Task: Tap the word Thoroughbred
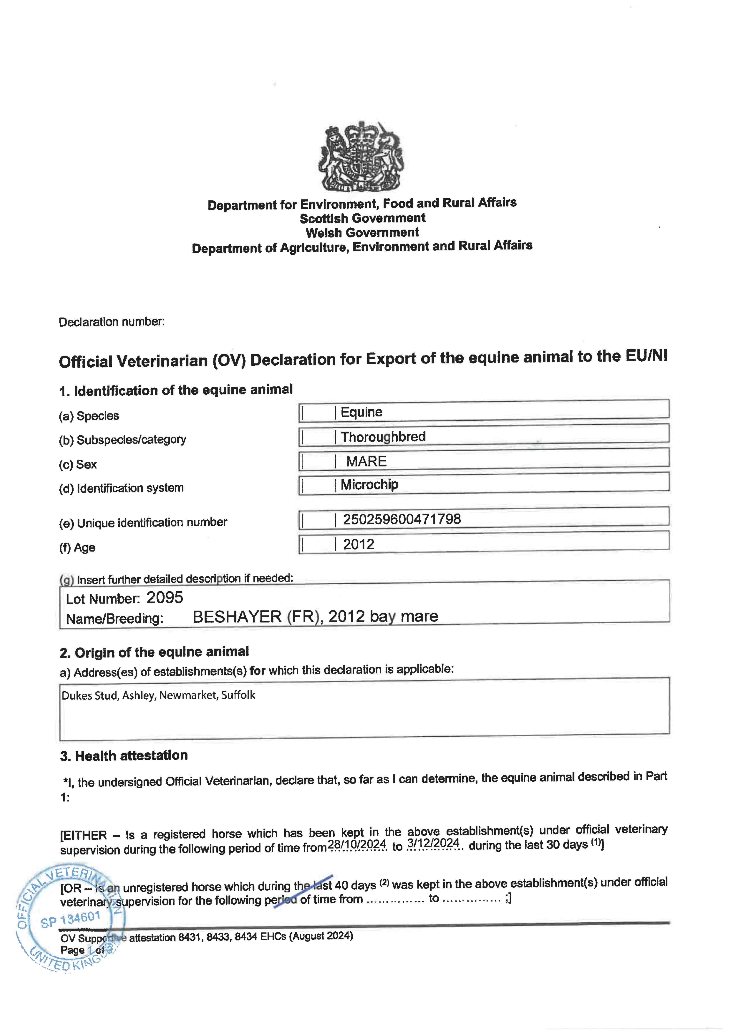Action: coord(383,437)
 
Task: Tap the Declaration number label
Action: coord(111,322)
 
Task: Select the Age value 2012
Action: coord(358,544)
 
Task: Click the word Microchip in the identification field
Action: coord(369,485)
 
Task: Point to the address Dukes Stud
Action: coord(90,696)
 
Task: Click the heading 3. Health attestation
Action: coord(124,756)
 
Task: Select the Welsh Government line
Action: coord(362,233)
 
